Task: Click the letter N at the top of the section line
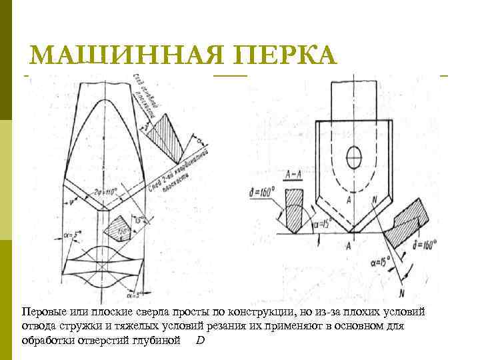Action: tap(376, 198)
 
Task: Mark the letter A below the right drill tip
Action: tap(349, 246)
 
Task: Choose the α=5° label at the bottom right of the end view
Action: tap(151, 294)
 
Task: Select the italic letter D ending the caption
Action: tap(201, 340)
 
